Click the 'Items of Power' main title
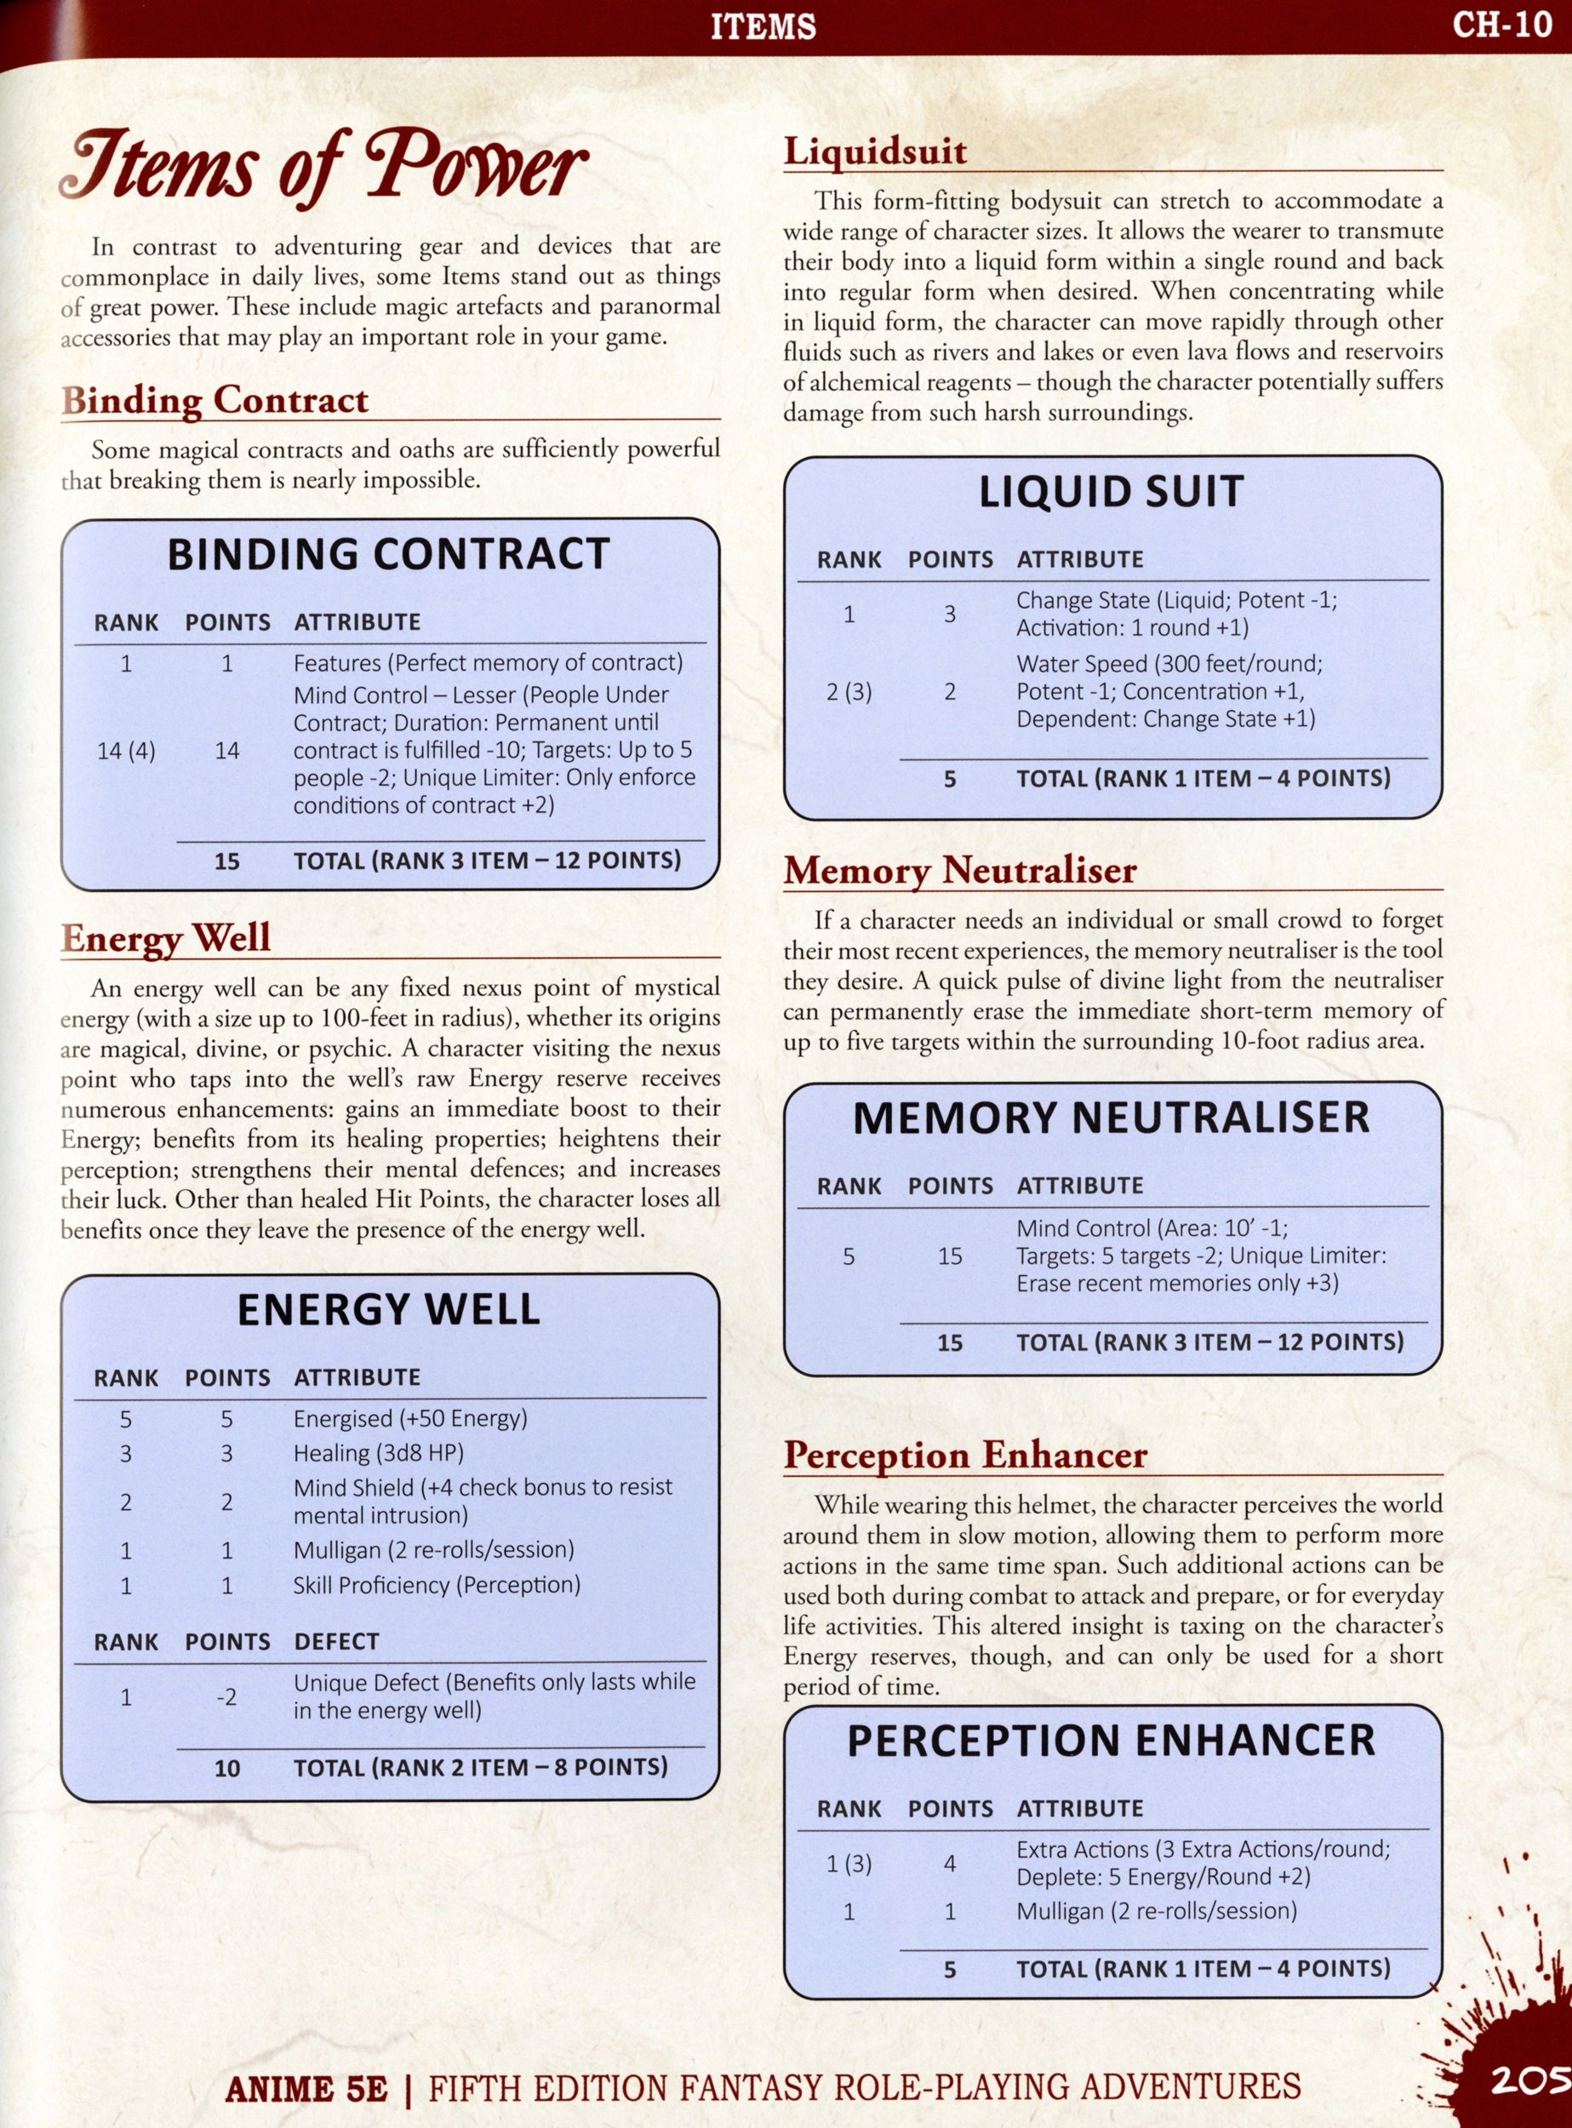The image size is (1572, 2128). coord(323,167)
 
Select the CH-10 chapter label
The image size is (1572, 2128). coord(1501,25)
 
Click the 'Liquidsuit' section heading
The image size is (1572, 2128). coord(874,152)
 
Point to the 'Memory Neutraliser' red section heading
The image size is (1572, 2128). coord(959,870)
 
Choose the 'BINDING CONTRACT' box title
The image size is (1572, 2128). coord(388,554)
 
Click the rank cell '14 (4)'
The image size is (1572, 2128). coord(126,751)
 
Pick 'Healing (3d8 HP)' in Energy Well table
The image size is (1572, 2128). coord(378,1453)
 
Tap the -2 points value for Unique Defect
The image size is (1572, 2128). coord(226,1697)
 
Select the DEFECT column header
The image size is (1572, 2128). coord(336,1642)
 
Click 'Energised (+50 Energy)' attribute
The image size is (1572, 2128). coord(409,1419)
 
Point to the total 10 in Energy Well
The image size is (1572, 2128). coord(226,1768)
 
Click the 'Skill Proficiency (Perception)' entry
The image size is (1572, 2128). coord(436,1585)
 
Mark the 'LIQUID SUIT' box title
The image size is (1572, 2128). coord(1111,491)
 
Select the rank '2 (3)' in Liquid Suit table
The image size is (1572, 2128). coord(849,692)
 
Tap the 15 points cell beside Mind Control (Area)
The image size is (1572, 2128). coord(950,1256)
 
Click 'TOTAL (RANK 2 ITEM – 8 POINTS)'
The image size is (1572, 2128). coord(479,1767)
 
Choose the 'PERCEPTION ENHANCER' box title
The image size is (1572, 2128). coord(1111,1741)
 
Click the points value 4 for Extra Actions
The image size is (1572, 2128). coord(950,1863)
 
